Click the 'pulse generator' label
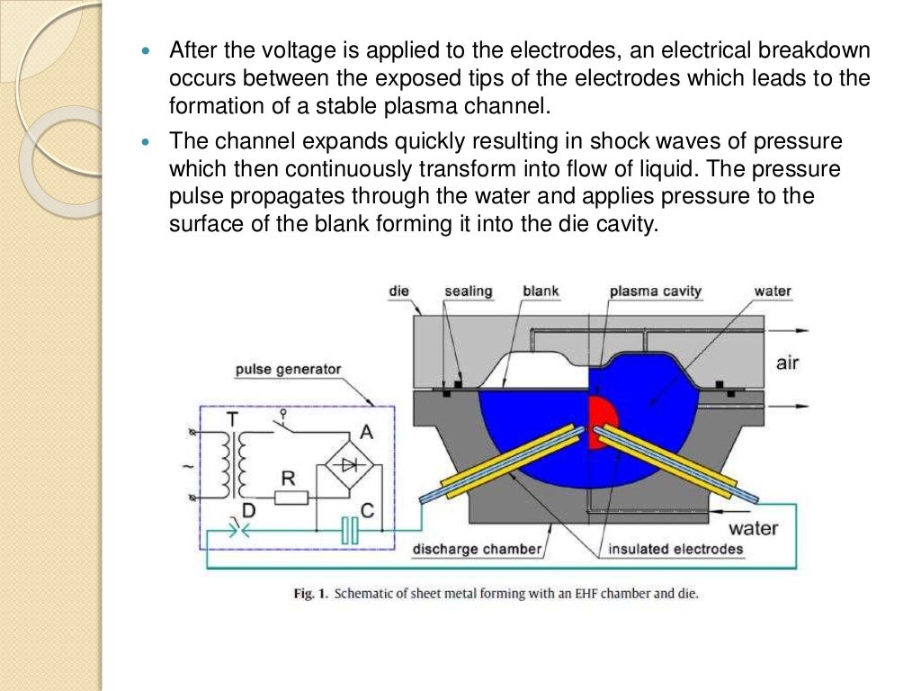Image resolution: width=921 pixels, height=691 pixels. [x=288, y=369]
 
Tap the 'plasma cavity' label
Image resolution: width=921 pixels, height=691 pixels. [x=655, y=291]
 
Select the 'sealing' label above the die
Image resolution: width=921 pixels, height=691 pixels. [x=468, y=291]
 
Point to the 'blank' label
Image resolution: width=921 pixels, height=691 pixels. [x=541, y=291]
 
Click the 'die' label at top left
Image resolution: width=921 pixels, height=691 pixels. [x=399, y=291]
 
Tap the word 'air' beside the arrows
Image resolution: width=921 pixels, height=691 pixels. [x=788, y=363]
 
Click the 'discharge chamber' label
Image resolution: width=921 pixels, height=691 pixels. [x=477, y=549]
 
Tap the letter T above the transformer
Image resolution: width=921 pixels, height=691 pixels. [x=234, y=418]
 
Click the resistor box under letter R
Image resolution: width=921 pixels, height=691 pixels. [x=291, y=498]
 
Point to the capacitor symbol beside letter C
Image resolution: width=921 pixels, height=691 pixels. [x=350, y=534]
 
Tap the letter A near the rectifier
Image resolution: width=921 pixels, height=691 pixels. [x=366, y=432]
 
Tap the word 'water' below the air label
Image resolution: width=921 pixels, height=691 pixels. [x=752, y=527]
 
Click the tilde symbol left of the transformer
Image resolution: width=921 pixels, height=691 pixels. [x=187, y=468]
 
